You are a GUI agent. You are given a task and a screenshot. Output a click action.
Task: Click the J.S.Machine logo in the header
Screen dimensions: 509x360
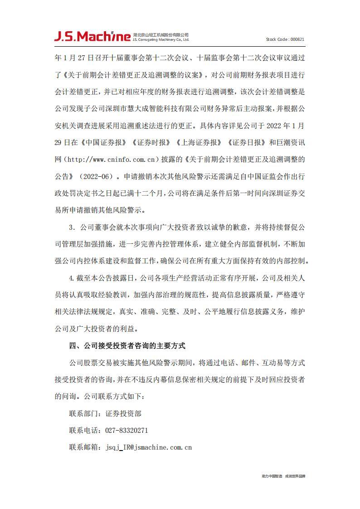point(92,36)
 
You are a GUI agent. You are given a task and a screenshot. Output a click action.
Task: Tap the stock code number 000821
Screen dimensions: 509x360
point(297,39)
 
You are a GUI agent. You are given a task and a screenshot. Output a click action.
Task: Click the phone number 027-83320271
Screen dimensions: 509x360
point(127,430)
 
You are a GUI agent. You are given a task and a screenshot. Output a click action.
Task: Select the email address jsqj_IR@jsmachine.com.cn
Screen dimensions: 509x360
point(149,447)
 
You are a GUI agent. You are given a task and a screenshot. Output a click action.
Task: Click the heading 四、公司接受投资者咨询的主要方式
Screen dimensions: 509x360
point(127,345)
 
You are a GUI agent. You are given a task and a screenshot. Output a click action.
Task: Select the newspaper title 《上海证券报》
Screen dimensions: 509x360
point(199,142)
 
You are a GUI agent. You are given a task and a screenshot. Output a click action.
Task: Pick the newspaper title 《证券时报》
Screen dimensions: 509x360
point(151,142)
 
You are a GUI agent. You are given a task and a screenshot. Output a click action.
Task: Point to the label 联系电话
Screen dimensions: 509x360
point(84,430)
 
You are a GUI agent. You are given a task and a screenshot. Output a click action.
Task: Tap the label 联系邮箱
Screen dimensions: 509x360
point(84,447)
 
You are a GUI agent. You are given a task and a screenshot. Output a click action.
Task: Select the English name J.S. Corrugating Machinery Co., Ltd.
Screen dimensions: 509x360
point(161,40)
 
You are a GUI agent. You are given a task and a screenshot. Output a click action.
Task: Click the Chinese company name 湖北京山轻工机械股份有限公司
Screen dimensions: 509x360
point(161,34)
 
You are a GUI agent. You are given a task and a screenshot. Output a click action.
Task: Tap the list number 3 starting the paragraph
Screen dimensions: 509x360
point(71,227)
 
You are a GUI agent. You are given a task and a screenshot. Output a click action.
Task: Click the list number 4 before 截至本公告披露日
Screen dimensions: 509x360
point(71,277)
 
